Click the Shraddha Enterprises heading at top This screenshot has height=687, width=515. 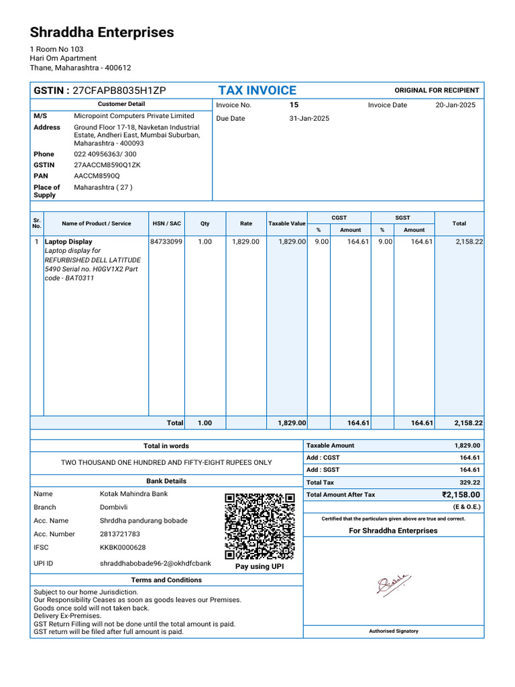point(102,32)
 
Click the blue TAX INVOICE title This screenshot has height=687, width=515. point(257,91)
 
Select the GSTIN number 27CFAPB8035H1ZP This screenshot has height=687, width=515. point(119,91)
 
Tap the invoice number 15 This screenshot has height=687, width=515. point(294,105)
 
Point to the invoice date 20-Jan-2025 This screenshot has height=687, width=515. point(455,105)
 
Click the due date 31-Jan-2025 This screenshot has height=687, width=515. point(309,119)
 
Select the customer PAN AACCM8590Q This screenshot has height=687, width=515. point(97,176)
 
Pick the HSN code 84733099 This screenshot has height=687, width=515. point(166,242)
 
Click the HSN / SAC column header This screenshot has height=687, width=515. point(166,223)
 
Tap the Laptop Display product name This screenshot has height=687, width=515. point(68,242)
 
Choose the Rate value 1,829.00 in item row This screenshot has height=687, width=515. point(245,242)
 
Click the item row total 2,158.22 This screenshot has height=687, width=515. point(469,242)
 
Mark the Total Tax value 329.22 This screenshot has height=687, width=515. point(469,482)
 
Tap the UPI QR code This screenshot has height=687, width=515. point(260,527)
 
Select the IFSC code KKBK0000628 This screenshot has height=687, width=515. point(123,547)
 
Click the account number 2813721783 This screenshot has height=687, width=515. point(120,534)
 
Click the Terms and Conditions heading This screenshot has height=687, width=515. point(166,580)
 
